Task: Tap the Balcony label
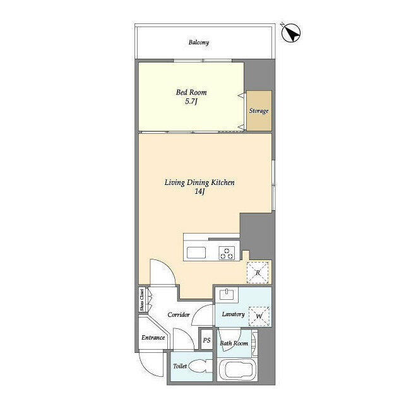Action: point(198,43)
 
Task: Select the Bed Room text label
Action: point(191,92)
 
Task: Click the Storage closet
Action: point(259,111)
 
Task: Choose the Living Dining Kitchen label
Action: point(199,182)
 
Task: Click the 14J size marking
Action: point(199,192)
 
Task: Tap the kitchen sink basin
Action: point(196,254)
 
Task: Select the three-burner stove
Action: point(227,254)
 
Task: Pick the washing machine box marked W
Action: point(259,316)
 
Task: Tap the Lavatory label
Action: point(233,314)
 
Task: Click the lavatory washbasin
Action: point(226,295)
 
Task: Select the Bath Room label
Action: point(234,344)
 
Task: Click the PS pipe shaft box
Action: point(206,341)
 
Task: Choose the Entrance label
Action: point(153,338)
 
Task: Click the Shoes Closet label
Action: point(142,300)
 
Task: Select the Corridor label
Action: point(179,314)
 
